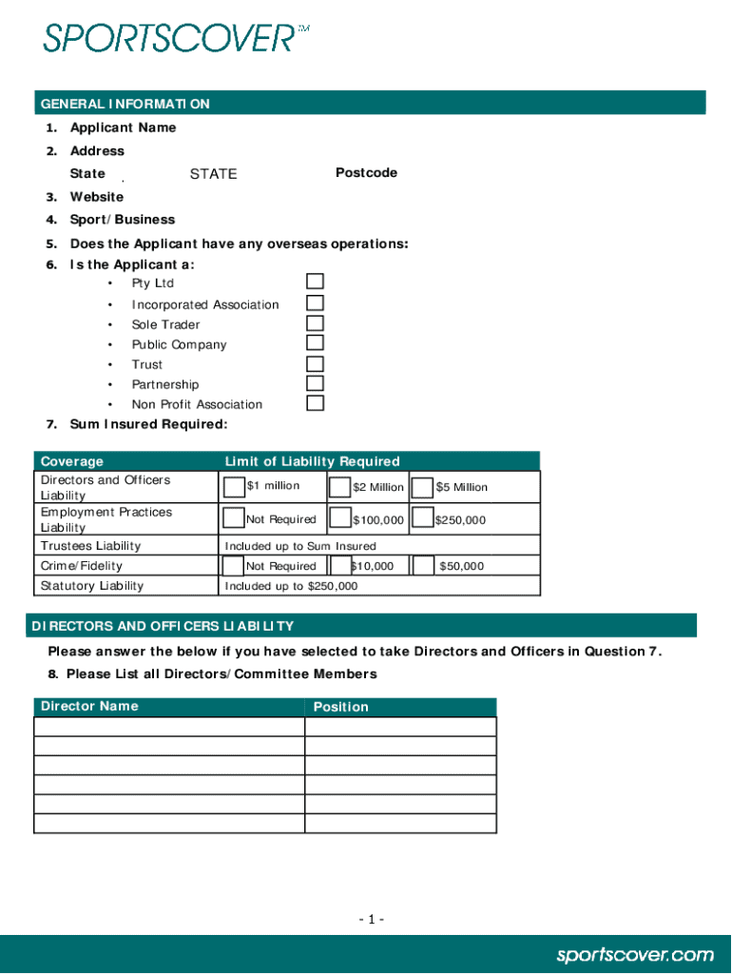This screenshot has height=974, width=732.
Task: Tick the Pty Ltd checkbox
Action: pos(315,282)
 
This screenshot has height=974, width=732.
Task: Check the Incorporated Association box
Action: pos(315,302)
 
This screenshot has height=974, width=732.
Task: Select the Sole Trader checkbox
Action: pos(315,322)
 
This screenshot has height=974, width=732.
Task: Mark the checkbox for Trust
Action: pos(315,363)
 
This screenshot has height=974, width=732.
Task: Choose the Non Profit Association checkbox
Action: pos(315,402)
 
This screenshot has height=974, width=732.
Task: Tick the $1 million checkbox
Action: pos(234,487)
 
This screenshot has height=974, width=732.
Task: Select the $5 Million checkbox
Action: pos(423,488)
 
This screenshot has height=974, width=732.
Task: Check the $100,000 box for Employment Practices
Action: pos(339,518)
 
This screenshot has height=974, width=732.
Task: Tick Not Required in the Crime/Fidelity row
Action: pos(233,566)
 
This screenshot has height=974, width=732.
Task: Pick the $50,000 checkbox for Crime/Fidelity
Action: pos(424,566)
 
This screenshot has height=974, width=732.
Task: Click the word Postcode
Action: pos(366,173)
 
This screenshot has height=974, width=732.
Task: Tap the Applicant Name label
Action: pos(123,127)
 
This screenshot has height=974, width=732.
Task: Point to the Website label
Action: pos(96,197)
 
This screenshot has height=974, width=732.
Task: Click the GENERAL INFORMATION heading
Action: pos(125,104)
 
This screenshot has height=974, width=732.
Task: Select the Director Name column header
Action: pos(88,706)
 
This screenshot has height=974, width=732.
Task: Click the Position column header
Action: pos(340,707)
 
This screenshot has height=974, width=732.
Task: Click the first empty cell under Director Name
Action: pos(169,727)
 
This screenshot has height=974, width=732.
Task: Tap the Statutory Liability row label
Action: pos(92,586)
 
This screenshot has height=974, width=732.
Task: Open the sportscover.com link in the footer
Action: pos(634,954)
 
